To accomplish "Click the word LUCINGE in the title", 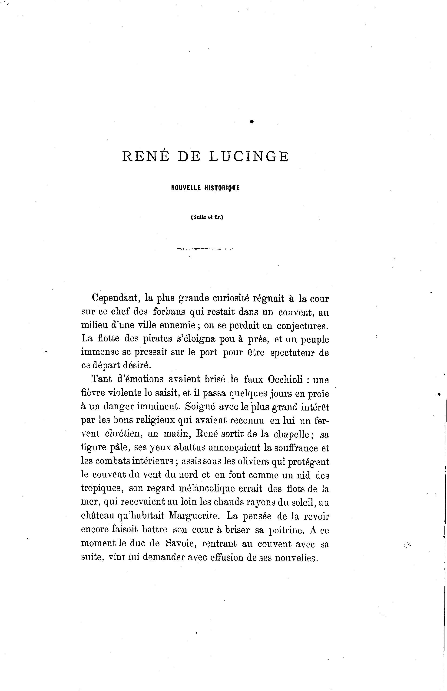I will click(249, 157).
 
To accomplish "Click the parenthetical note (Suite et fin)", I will click(207, 217).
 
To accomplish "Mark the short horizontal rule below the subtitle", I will click(205, 249).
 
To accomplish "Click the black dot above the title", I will click(252, 122).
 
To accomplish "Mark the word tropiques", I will click(101, 488).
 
